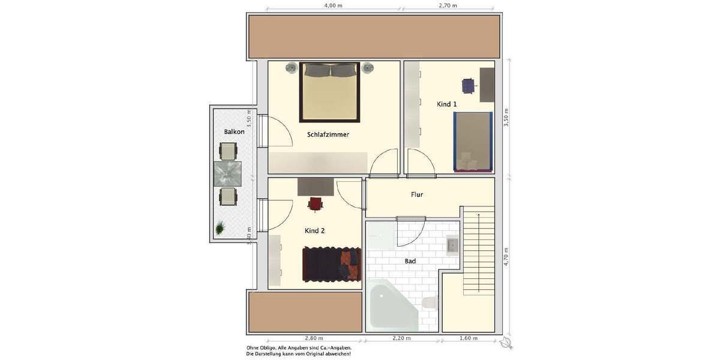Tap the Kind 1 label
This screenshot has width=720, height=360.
[x=446, y=104]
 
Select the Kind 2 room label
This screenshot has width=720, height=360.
[x=314, y=230]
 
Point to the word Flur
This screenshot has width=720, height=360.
[x=417, y=194]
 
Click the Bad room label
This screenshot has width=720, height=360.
[x=410, y=261]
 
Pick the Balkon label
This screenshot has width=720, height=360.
[x=234, y=131]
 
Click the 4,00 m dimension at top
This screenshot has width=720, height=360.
[x=333, y=5]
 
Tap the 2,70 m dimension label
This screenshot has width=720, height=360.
[x=448, y=5]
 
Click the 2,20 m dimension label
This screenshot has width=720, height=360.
[x=402, y=338]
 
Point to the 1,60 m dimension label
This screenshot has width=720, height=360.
[x=468, y=338]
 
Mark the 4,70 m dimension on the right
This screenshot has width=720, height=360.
[x=506, y=256]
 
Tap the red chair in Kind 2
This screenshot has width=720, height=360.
[x=316, y=204]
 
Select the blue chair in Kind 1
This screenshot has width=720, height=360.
[x=469, y=85]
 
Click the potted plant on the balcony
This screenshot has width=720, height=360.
[x=221, y=228]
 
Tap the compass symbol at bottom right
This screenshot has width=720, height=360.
[x=506, y=343]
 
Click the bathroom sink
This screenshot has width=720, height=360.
[x=452, y=245]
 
